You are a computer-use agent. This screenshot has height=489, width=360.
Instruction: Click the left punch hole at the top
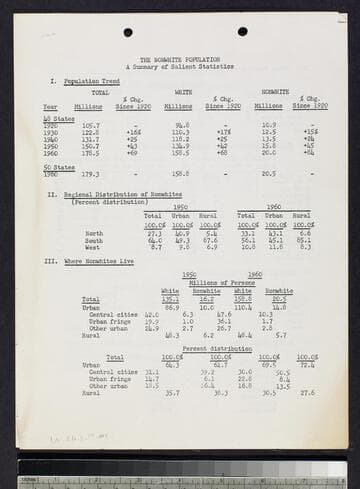coord(127,32)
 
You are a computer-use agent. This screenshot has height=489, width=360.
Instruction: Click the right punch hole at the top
coord(242,31)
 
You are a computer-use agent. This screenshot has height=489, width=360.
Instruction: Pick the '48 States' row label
coord(54,118)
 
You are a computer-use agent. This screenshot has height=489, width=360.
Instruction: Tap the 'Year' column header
coord(50,106)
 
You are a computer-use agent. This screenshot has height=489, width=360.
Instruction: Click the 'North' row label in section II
coord(94,233)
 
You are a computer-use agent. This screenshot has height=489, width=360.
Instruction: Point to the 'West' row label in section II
coord(93,246)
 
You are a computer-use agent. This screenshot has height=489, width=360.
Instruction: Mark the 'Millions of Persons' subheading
coord(222,282)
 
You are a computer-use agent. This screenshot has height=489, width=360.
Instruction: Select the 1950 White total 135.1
coord(171,298)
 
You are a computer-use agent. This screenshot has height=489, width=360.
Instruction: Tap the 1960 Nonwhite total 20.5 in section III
coord(279,298)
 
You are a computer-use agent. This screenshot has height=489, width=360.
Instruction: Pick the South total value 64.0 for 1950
coord(155,240)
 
